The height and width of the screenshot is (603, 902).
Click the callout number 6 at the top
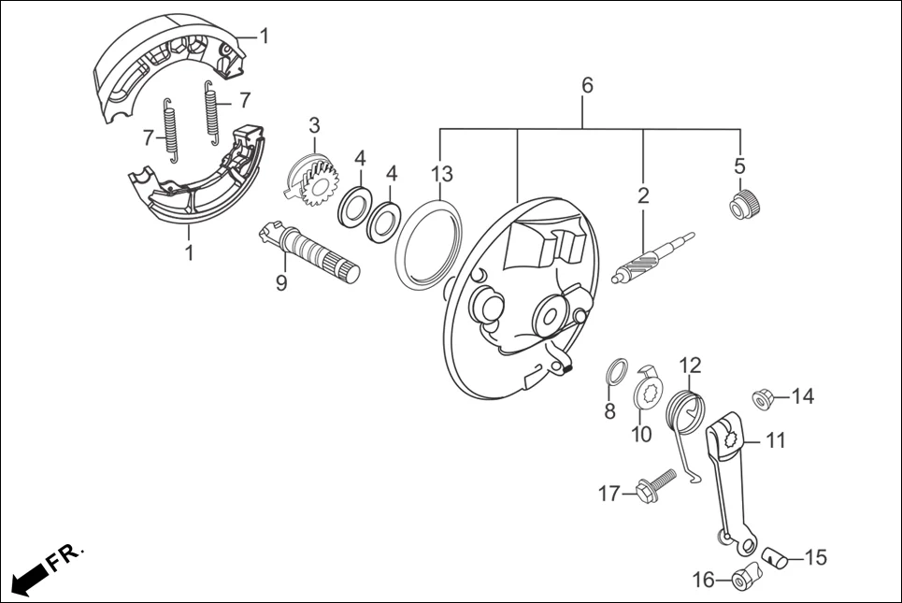(587, 85)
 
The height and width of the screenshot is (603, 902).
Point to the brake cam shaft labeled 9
(308, 250)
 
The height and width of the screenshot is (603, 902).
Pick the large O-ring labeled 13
(429, 240)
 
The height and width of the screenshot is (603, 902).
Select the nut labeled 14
(761, 398)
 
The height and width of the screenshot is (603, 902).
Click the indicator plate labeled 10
(647, 389)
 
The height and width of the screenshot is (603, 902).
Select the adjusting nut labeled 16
(743, 581)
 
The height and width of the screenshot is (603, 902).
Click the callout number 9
(281, 282)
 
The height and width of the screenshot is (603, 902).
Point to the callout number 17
(609, 493)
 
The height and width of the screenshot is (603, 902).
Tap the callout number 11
(776, 440)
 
